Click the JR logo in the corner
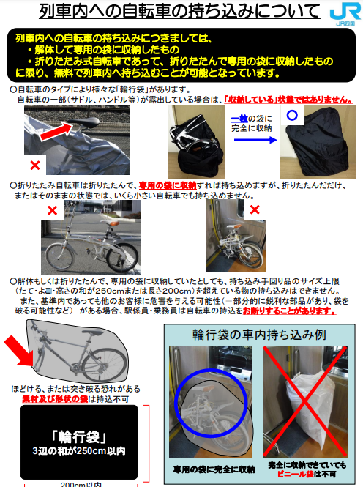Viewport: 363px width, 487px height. click(345, 15)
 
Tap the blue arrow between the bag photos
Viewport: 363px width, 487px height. click(255, 140)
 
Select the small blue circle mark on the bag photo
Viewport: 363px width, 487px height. click(292, 115)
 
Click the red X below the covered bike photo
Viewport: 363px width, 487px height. click(35, 165)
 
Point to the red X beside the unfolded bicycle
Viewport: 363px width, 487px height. click(53, 211)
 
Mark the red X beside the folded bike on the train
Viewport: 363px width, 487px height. click(255, 209)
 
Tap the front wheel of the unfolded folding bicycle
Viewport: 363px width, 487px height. click(59, 256)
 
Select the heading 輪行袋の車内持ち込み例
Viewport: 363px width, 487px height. click(259, 335)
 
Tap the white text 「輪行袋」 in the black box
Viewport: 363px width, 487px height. click(79, 436)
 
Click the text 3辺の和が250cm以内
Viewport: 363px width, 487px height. click(79, 451)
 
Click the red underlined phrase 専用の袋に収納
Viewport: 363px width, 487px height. click(168, 185)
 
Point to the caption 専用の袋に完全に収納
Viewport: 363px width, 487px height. click(214, 469)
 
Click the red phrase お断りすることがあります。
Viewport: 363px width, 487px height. click(289, 311)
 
